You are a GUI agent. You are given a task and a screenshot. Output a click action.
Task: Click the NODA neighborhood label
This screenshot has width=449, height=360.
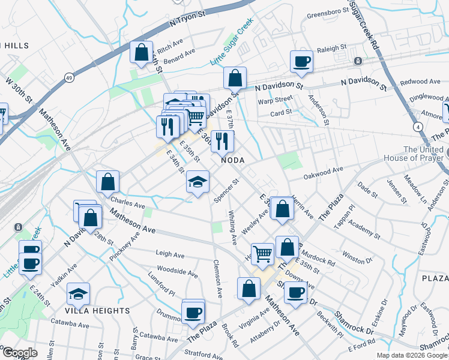(235, 160)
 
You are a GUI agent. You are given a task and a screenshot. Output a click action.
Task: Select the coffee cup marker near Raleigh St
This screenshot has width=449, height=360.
(301, 61)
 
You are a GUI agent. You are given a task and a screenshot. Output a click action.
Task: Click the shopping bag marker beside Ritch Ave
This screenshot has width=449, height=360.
(141, 52)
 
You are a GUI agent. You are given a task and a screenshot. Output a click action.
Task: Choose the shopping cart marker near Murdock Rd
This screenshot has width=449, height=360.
(262, 254)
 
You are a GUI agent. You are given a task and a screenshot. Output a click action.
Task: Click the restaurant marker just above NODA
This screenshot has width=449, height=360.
(223, 141)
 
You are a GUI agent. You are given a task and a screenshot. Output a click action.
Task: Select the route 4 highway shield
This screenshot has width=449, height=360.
(416, 127)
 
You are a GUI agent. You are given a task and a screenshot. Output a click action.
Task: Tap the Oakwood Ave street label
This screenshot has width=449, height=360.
(323, 173)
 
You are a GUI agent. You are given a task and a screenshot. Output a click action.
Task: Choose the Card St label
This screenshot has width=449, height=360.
(280, 112)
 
